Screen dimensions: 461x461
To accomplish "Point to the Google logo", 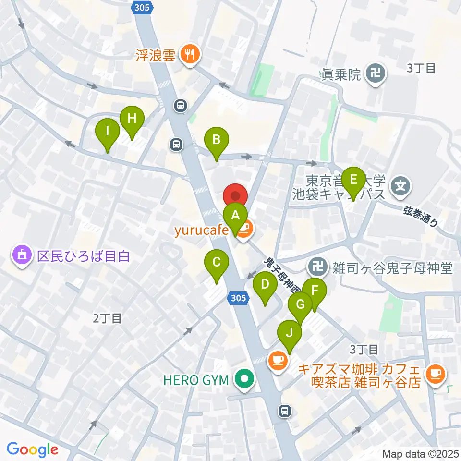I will pos(33,449).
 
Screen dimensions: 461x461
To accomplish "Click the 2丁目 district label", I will pos(107,318).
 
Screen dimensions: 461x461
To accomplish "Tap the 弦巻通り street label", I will pos(420,216).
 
